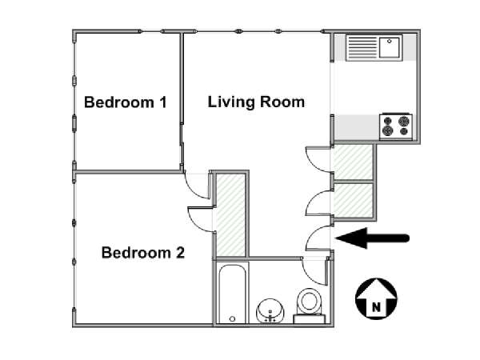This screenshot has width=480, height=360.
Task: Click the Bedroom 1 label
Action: click(126, 102)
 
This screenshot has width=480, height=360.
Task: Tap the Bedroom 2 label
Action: click(143, 253)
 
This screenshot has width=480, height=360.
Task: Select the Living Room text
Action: click(256, 102)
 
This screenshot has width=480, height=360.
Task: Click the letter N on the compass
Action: click(376, 306)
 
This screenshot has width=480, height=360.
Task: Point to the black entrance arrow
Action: click(372, 238)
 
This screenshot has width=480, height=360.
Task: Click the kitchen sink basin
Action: click(390, 47)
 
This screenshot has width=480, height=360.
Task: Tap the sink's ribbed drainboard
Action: click(362, 47)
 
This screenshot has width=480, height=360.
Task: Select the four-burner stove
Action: click(396, 126)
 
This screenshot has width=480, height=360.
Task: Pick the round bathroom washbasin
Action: click(270, 310)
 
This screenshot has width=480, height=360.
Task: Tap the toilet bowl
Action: click(309, 301)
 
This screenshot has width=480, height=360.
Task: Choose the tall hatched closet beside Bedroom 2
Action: click(231, 215)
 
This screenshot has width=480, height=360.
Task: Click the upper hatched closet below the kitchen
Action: click(354, 162)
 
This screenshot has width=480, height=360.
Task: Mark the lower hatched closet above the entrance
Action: click(354, 201)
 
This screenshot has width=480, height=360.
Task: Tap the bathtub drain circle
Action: click(232, 318)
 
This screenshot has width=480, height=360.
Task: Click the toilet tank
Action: click(309, 319)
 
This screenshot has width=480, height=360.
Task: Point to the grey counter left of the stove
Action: click(357, 126)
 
